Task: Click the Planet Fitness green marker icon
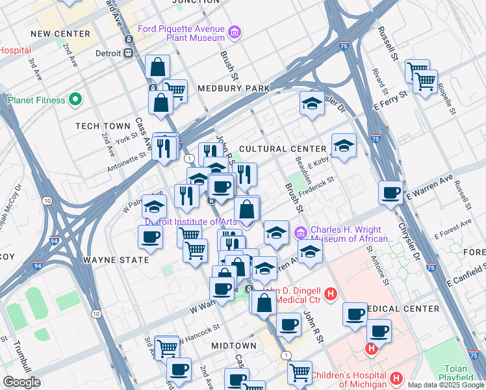coord(75,100)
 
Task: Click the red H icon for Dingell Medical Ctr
coord(331,295)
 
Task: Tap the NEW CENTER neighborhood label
coord(60,34)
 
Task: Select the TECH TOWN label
coord(99,126)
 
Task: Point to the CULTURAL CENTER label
coord(281,149)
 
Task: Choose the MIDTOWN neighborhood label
coord(233,345)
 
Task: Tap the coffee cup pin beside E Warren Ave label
coord(391,192)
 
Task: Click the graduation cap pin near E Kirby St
coord(344,146)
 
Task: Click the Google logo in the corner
coord(21,382)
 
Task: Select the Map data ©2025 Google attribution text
coord(445,384)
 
